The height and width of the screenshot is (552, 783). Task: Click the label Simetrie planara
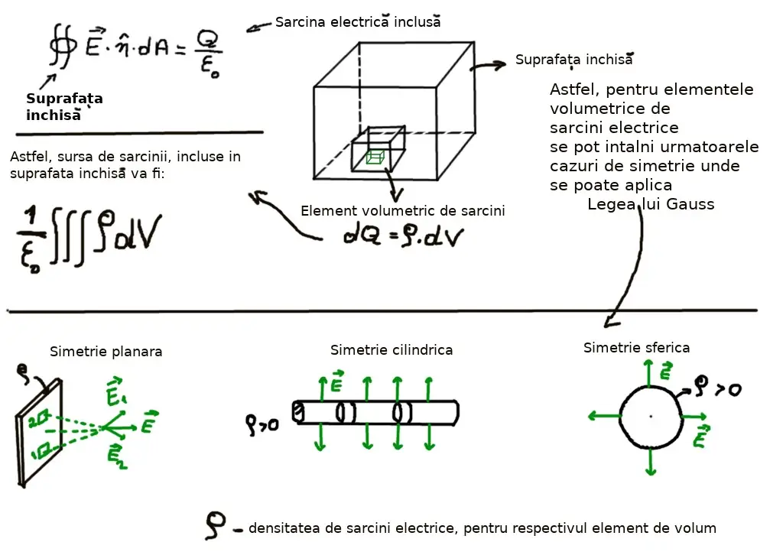pyautogui.click(x=106, y=352)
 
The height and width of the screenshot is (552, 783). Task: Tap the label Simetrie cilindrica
pyautogui.click(x=391, y=350)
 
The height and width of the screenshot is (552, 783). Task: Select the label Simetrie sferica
pyautogui.click(x=636, y=348)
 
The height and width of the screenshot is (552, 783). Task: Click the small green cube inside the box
pyautogui.click(x=374, y=157)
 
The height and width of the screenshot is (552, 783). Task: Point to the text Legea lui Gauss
pyautogui.click(x=651, y=204)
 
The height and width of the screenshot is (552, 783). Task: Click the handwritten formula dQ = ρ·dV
pyautogui.click(x=403, y=238)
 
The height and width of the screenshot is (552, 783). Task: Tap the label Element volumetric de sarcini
pyautogui.click(x=402, y=211)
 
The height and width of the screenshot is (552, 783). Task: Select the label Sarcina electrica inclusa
pyautogui.click(x=358, y=22)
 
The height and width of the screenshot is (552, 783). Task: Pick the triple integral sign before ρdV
pyautogui.click(x=75, y=236)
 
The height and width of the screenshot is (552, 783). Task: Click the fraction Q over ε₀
pyautogui.click(x=209, y=50)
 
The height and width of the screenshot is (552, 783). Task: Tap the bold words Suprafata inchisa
pyautogui.click(x=63, y=107)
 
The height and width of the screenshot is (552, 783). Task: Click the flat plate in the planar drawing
pyautogui.click(x=37, y=436)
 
